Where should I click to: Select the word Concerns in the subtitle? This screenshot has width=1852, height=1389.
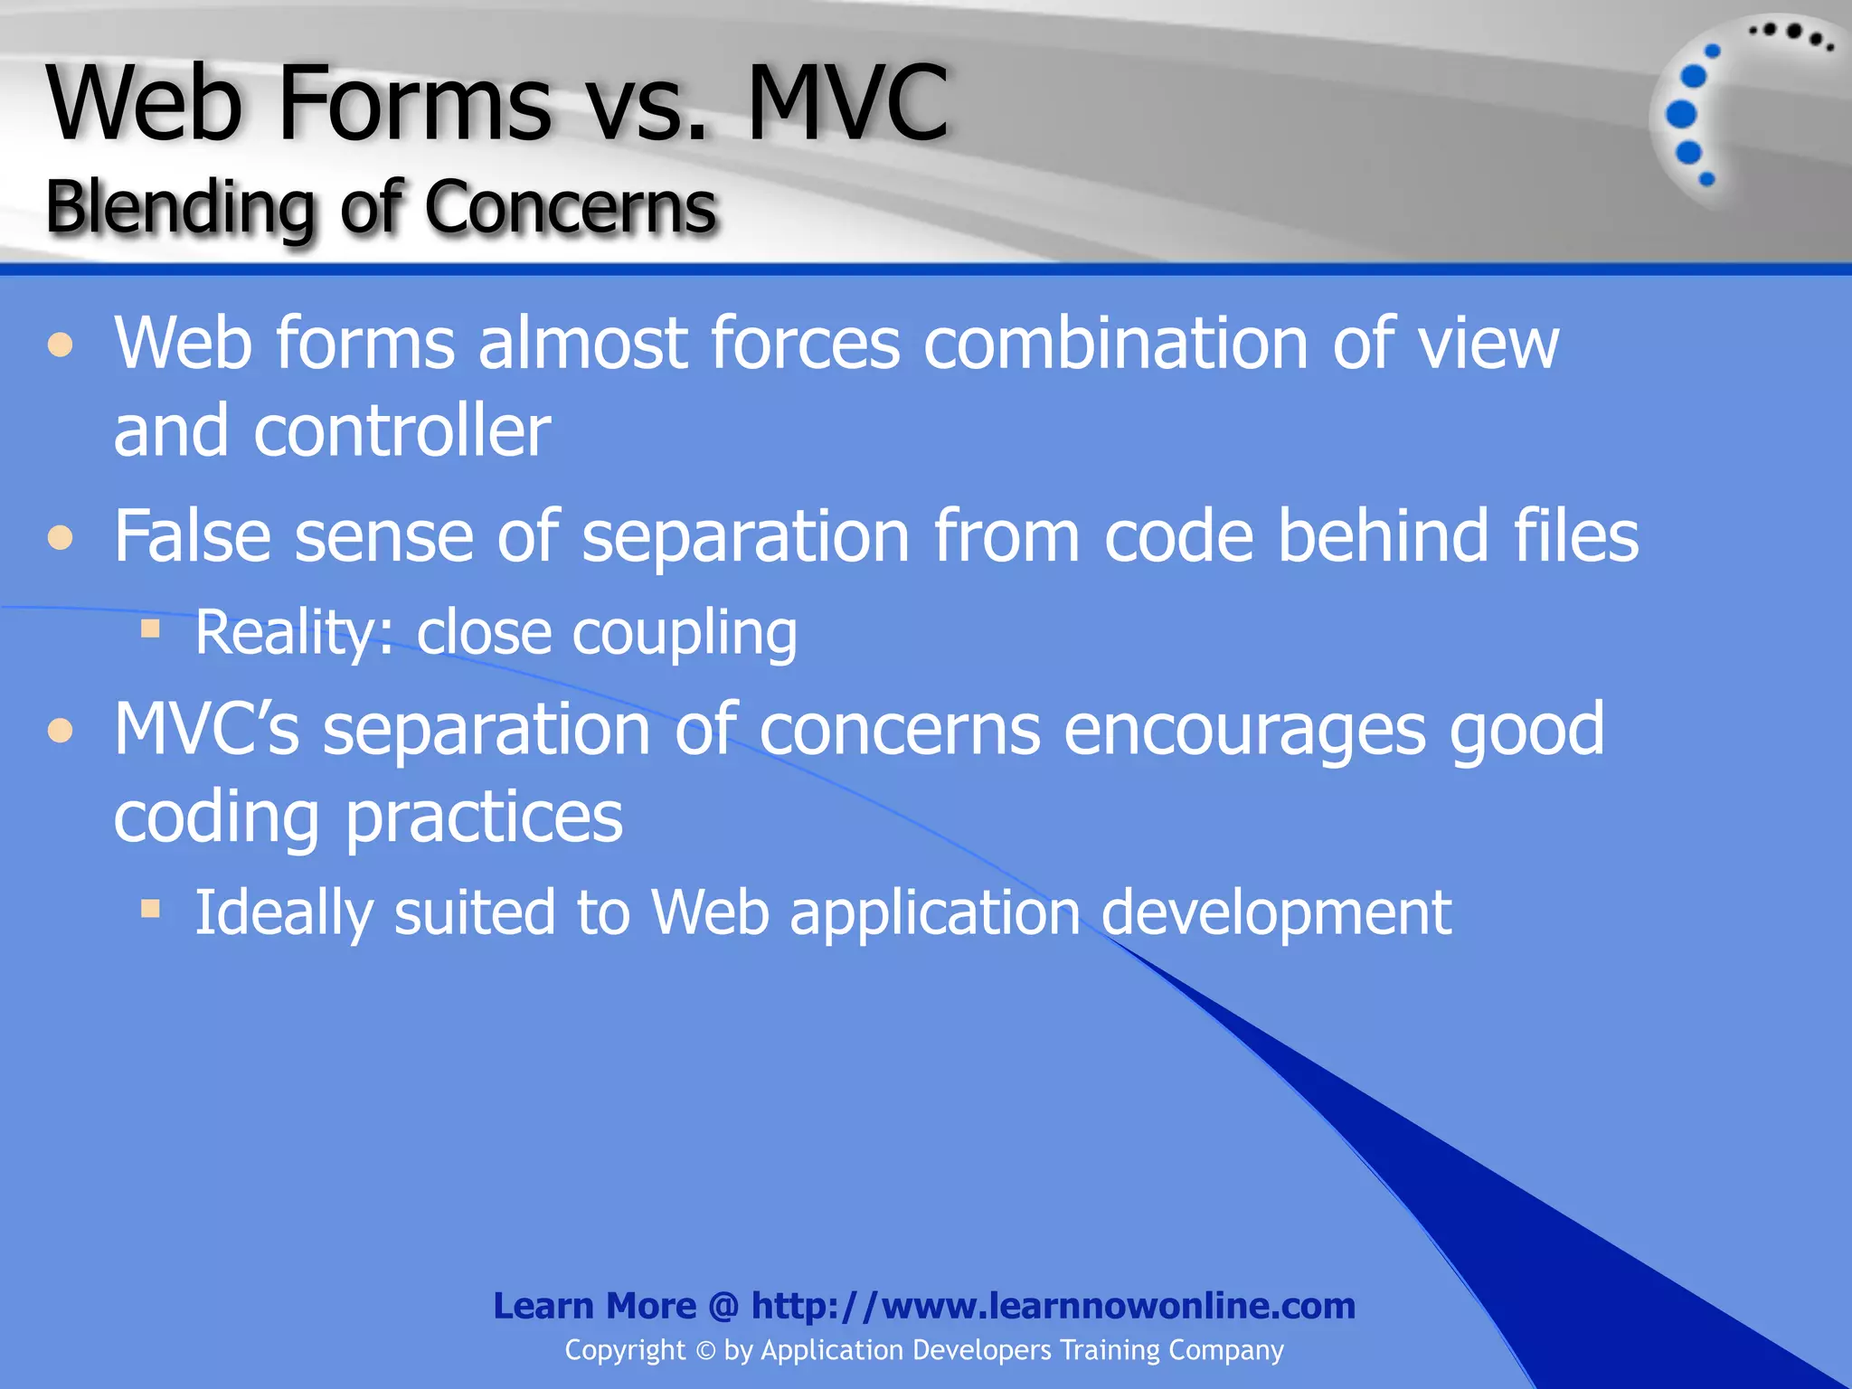(x=571, y=208)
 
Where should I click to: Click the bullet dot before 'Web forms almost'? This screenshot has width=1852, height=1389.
(x=61, y=345)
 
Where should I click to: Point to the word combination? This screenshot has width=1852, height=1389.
(x=1115, y=344)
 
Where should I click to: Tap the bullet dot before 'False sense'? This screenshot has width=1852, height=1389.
(x=61, y=538)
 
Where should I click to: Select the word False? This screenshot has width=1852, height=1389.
(x=193, y=536)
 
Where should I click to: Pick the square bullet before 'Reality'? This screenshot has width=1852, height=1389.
(x=150, y=628)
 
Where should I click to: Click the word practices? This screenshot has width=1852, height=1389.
(x=484, y=817)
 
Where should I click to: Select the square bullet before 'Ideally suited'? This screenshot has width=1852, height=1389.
(x=150, y=908)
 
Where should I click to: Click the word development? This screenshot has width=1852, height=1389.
(x=1276, y=912)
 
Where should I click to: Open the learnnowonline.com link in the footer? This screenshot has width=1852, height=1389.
(x=1053, y=1306)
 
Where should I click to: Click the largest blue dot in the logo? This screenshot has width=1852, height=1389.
(x=1681, y=115)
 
